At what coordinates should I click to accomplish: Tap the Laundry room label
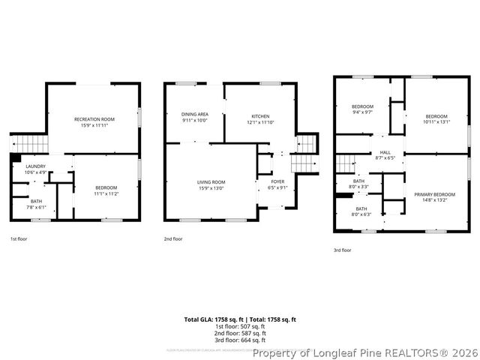(35, 166)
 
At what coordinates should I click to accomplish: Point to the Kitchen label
(260, 116)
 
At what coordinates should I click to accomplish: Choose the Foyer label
(277, 182)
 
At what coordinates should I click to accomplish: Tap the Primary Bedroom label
(434, 195)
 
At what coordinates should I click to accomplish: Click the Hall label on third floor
(385, 154)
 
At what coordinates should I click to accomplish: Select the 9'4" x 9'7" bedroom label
(362, 107)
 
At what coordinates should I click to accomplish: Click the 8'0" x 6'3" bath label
(361, 209)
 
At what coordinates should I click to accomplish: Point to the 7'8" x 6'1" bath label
(37, 201)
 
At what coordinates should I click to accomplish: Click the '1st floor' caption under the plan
(19, 238)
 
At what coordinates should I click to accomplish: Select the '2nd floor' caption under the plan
(173, 238)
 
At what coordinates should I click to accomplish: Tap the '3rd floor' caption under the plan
(342, 250)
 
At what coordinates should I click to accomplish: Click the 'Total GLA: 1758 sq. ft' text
(211, 319)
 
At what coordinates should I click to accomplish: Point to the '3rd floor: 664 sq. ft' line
(240, 340)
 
